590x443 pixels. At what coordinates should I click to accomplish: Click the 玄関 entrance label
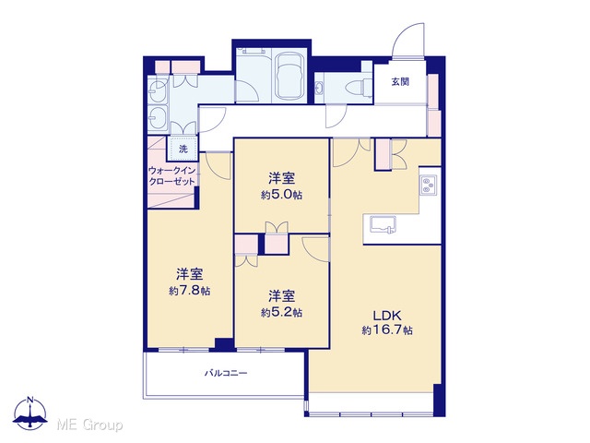(x=400, y=81)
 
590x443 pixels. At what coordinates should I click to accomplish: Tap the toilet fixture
(x=359, y=87)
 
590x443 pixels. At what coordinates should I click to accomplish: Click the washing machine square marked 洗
(x=183, y=149)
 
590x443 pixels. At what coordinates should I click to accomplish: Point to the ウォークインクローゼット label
(x=172, y=176)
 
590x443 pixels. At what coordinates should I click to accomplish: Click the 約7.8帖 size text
(x=190, y=291)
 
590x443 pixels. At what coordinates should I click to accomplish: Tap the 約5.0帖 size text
(x=281, y=195)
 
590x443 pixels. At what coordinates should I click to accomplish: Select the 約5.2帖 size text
(x=281, y=312)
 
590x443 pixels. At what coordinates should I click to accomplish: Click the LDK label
(x=387, y=315)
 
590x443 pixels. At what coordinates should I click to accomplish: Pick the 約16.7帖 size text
(x=387, y=330)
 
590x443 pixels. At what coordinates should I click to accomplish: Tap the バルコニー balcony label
(x=226, y=373)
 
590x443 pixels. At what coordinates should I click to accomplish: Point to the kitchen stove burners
(x=428, y=186)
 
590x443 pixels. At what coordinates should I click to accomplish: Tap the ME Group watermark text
(x=89, y=425)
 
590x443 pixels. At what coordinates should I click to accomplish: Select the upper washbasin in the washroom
(x=158, y=90)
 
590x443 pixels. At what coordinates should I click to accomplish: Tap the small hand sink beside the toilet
(x=319, y=89)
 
